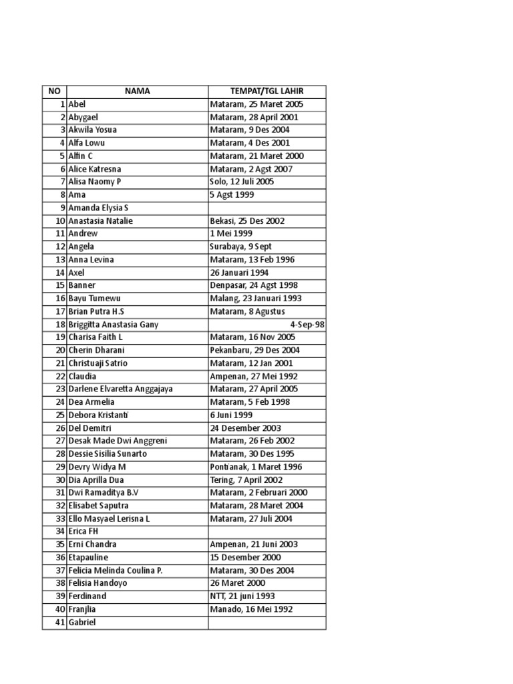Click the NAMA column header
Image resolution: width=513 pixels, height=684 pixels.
tap(136, 92)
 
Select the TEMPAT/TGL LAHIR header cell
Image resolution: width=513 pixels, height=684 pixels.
tap(267, 92)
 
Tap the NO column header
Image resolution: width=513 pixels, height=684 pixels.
tap(54, 92)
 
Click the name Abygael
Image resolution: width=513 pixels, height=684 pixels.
tap(83, 117)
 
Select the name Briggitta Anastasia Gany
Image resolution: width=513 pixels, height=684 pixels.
tap(113, 325)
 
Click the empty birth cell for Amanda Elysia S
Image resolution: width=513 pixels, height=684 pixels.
tap(267, 208)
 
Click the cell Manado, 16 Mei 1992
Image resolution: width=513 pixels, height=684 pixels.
tap(250, 609)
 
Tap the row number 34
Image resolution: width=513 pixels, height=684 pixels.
tap(60, 532)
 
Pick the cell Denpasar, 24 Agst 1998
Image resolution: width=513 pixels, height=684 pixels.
tap(254, 285)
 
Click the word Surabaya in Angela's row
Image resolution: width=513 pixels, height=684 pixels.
tap(227, 246)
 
